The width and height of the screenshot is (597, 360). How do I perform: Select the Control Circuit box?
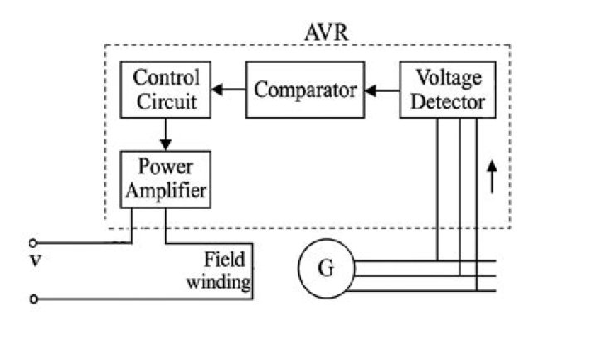tap(167, 90)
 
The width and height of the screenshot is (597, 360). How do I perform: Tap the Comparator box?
tap(305, 90)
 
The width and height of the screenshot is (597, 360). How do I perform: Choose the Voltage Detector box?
tap(449, 90)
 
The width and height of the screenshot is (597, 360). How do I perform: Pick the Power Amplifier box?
tap(165, 178)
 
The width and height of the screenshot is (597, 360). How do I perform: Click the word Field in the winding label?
tap(224, 258)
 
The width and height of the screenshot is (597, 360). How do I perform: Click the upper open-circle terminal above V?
tap(33, 243)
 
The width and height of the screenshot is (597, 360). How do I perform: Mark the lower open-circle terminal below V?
tap(33, 299)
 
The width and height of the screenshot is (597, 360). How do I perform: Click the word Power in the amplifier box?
tap(165, 167)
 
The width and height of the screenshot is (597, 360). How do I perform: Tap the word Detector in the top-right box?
tap(449, 102)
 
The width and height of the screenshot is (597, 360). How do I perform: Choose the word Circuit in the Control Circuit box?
tap(167, 102)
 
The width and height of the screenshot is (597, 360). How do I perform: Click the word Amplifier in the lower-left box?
tap(165, 191)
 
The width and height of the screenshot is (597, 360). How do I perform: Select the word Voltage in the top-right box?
tap(449, 78)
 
